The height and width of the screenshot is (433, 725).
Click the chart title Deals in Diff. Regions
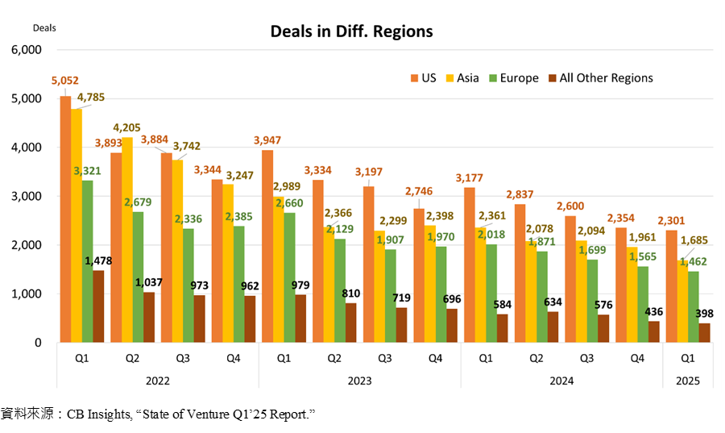[351, 31]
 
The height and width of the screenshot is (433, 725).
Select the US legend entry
[424, 77]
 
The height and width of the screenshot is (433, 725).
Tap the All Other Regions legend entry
[599, 77]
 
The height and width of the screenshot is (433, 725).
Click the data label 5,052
[65, 81]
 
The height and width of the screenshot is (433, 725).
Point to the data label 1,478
[99, 261]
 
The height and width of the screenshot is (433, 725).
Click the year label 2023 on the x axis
[359, 380]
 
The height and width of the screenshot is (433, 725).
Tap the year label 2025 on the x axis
[686, 380]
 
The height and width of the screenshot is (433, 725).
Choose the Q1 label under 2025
[686, 356]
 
